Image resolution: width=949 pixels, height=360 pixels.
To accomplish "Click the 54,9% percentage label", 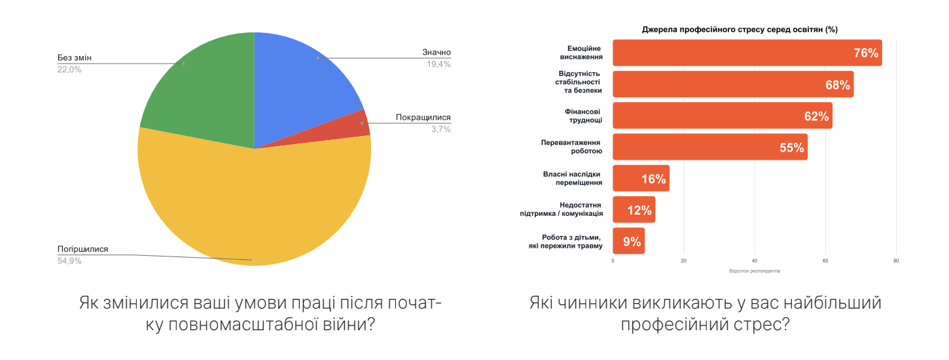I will (x=69, y=261).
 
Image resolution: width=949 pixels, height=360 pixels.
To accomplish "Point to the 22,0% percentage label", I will (x=69, y=69).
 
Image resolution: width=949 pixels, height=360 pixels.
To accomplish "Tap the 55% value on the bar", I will (x=791, y=148).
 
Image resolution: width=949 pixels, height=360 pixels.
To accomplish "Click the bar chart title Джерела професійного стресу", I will (x=740, y=30).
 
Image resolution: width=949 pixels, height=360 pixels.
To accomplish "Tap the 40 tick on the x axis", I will (x=754, y=261).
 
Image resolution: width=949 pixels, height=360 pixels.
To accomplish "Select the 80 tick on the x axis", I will (x=896, y=261).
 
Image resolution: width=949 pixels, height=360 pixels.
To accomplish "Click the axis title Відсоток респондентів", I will (x=754, y=271).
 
